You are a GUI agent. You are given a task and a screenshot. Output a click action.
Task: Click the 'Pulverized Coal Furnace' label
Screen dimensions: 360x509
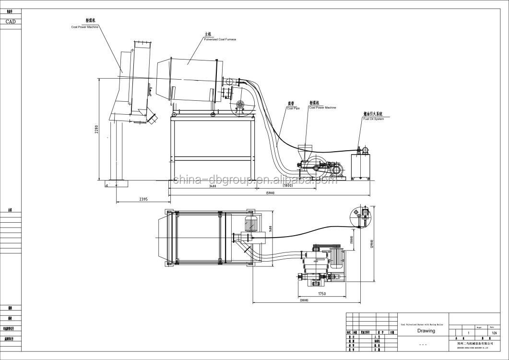(x=220, y=38)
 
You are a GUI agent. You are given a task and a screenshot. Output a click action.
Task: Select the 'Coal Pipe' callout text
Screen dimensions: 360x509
(x=293, y=108)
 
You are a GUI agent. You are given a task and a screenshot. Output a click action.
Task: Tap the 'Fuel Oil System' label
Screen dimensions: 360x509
(x=373, y=119)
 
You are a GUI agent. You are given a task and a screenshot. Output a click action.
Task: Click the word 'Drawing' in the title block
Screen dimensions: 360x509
(x=426, y=331)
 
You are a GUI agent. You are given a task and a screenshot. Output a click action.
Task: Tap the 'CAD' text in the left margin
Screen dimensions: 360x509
(x=10, y=21)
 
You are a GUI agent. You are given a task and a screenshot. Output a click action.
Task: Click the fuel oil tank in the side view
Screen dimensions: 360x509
(x=361, y=166)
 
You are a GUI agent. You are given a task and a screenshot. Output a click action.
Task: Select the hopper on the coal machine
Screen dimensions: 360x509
(x=303, y=149)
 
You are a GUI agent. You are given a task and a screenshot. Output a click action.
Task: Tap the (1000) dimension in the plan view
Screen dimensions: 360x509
(x=352, y=239)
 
